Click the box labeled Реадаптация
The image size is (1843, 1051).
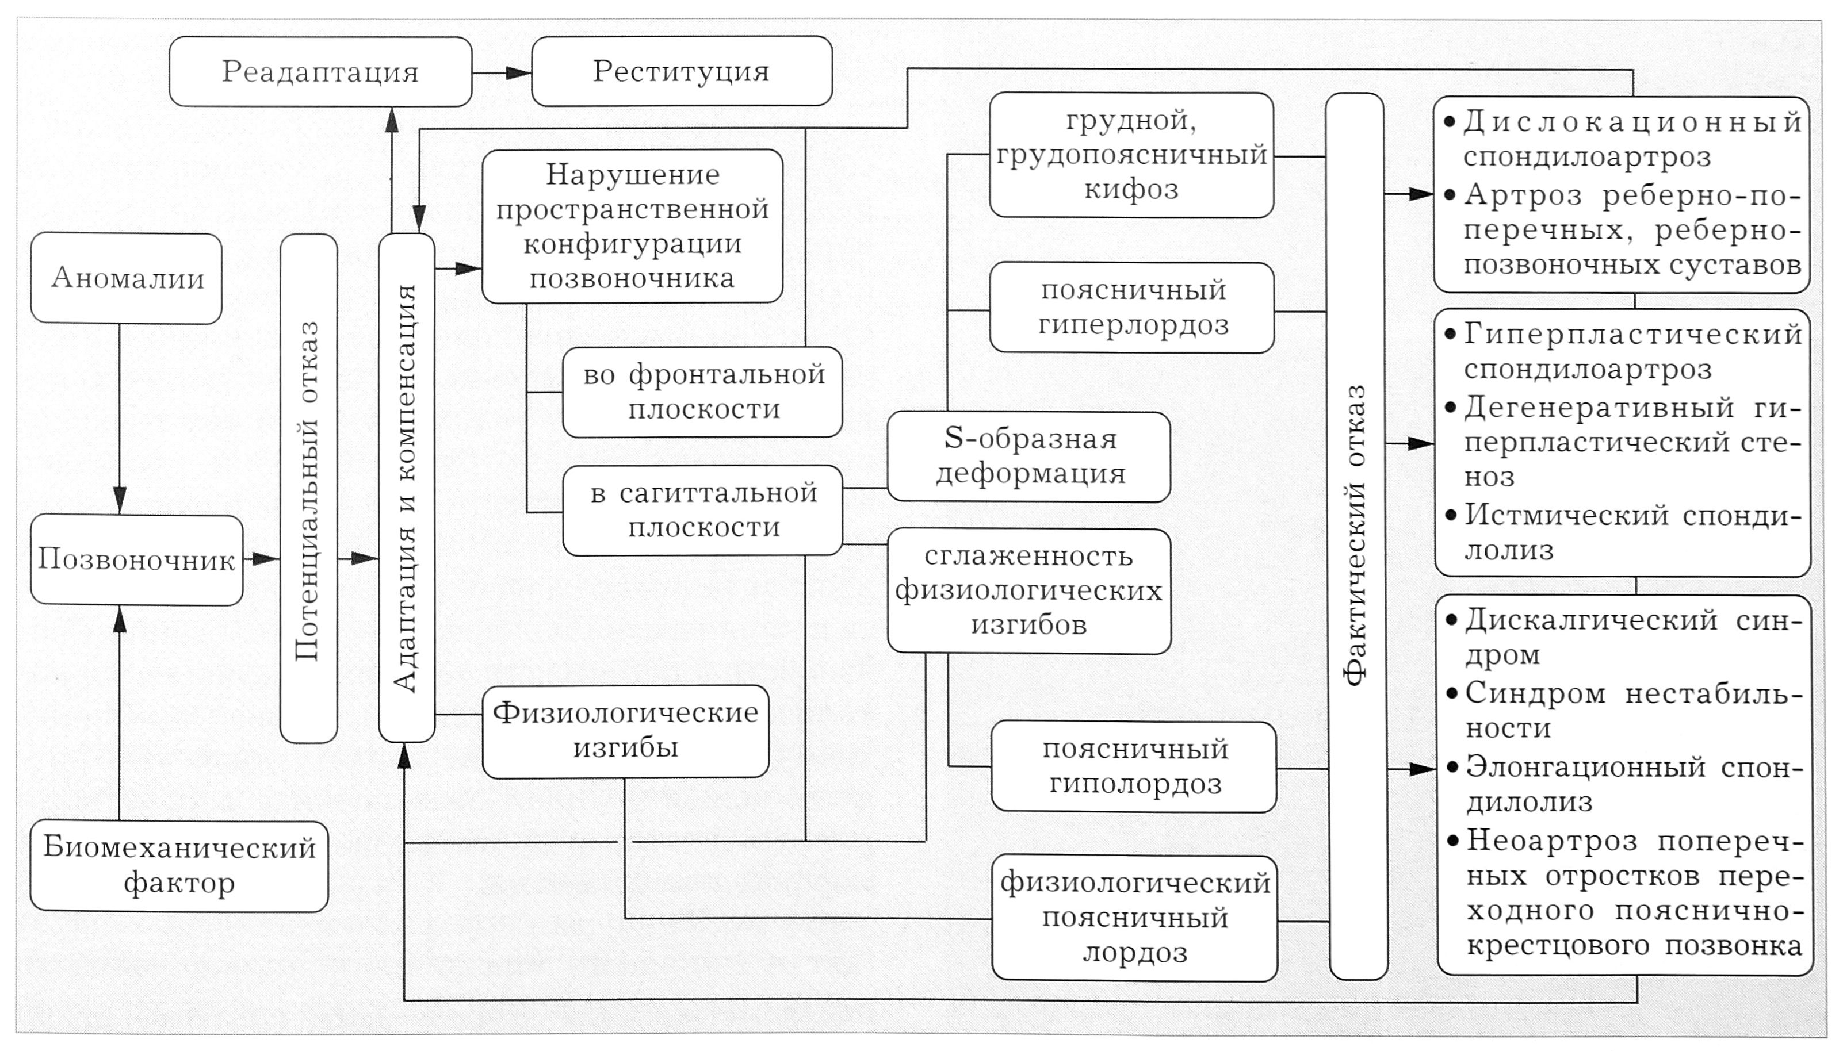click(320, 71)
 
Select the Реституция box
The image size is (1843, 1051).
click(681, 71)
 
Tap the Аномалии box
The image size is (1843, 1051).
click(127, 278)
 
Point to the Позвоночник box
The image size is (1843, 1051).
click(136, 559)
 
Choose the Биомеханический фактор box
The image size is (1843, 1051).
click(179, 865)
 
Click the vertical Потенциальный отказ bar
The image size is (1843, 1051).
click(308, 489)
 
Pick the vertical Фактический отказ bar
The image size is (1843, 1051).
click(1356, 536)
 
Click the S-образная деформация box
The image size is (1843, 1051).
click(1028, 456)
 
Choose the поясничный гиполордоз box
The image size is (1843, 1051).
click(1134, 766)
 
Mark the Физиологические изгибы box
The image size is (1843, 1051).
click(625, 731)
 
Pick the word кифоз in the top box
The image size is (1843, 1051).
click(1131, 190)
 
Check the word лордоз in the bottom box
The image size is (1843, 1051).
click(1134, 953)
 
